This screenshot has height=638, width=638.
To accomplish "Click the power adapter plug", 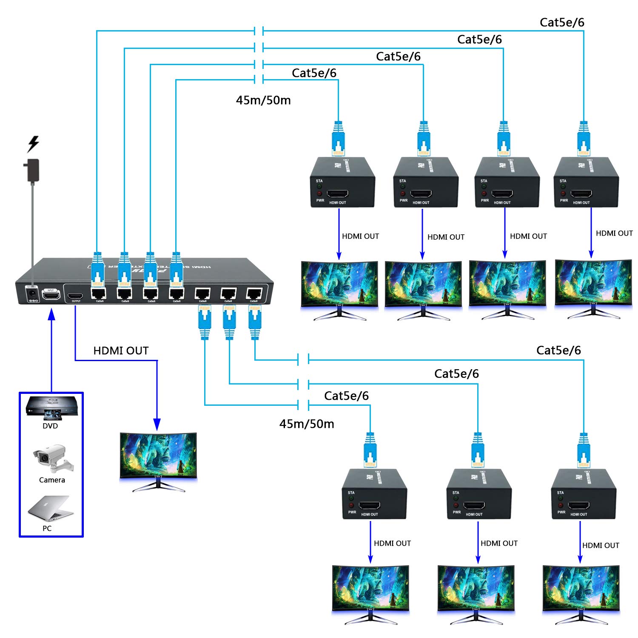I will (x=32, y=170).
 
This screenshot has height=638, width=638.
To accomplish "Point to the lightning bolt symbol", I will (x=33, y=144).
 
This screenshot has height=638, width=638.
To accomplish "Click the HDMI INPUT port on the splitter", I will (x=51, y=294).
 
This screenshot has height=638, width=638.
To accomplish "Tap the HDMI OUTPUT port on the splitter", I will (x=76, y=296).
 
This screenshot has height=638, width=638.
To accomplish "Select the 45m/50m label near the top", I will (x=263, y=100).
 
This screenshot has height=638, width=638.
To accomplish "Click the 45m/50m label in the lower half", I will (x=307, y=424).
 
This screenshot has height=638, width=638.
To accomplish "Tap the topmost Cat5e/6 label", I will (x=562, y=23).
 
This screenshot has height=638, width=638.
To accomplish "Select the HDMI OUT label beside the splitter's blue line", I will (x=121, y=351).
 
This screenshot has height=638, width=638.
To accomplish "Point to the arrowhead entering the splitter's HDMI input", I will (x=52, y=314).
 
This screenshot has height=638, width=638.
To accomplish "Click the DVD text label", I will (x=50, y=426).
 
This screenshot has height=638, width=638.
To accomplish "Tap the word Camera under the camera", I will (x=52, y=480).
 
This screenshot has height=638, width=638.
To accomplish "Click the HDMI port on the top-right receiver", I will (x=581, y=194).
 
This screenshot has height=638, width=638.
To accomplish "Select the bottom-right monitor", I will (x=581, y=591).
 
